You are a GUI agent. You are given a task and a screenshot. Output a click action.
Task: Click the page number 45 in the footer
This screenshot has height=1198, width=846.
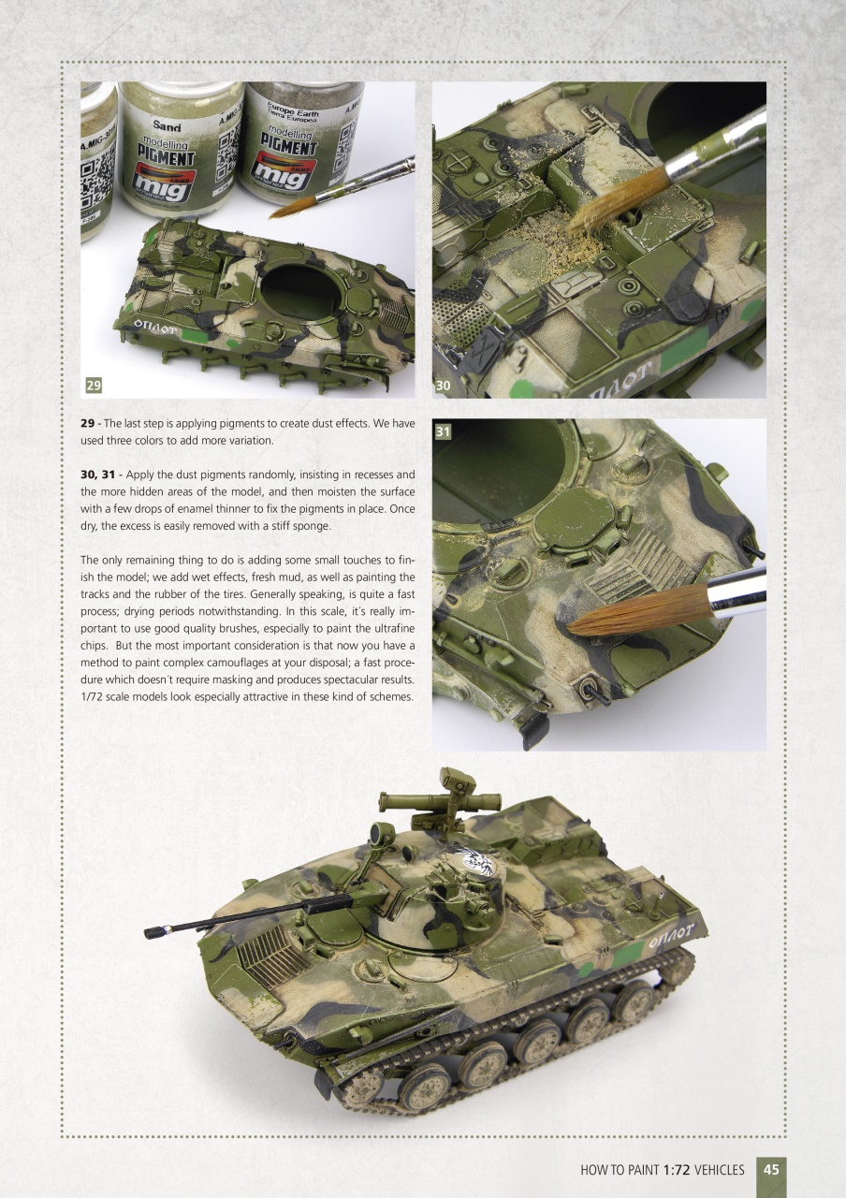point(772,1169)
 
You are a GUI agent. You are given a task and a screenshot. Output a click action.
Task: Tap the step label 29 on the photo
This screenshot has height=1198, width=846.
point(94,385)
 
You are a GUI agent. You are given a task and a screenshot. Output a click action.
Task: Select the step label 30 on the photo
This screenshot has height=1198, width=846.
point(444,385)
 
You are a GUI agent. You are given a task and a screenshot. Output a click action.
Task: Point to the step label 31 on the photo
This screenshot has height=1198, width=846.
point(444,431)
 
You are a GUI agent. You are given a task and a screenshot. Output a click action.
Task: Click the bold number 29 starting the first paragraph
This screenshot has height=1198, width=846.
point(89,424)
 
